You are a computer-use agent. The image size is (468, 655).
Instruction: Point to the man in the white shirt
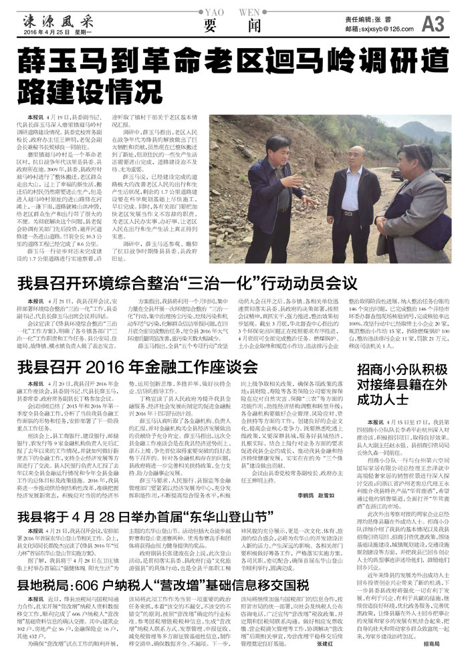tap(354, 194)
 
